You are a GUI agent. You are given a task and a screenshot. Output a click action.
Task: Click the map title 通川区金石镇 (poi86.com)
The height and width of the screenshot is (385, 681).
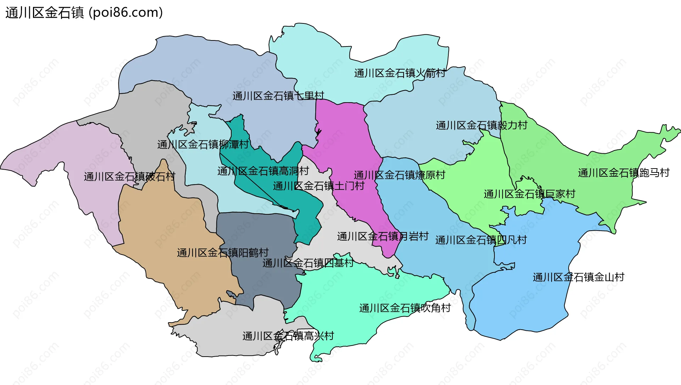[84, 13]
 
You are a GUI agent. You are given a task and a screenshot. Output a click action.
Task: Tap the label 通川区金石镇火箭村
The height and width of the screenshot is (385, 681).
[400, 73]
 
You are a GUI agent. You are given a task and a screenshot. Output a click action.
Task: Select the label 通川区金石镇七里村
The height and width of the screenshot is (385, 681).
[278, 96]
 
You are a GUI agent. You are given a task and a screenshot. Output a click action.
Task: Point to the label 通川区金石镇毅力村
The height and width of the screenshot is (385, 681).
[481, 125]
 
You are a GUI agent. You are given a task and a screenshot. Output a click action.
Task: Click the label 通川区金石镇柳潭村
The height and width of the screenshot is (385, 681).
[203, 144]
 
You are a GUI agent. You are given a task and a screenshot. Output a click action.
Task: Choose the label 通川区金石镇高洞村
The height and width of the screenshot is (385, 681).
[263, 171]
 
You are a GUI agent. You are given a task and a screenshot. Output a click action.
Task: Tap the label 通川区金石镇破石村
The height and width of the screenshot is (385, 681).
[129, 176]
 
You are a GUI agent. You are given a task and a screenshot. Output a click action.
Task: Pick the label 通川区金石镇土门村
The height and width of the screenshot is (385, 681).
[319, 186]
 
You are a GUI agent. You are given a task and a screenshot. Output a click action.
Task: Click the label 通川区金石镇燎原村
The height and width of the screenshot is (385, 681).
[399, 175]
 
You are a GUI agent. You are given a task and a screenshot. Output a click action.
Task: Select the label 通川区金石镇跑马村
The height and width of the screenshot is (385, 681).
[624, 173]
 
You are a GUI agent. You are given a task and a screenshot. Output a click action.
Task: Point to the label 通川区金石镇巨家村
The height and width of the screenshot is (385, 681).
[529, 194]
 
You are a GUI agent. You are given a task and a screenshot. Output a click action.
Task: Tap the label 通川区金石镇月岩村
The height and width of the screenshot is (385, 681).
[383, 236]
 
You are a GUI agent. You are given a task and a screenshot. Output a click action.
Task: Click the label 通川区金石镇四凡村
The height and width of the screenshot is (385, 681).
[481, 240]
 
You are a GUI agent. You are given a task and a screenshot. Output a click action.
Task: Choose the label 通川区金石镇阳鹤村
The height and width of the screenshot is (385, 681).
[223, 253]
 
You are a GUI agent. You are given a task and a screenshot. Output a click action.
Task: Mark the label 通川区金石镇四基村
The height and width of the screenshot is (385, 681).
[308, 263]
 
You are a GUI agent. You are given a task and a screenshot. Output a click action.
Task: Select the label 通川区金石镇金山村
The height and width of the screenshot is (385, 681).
[578, 277]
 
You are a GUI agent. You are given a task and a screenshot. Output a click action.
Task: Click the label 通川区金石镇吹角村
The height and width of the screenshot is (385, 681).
[405, 308]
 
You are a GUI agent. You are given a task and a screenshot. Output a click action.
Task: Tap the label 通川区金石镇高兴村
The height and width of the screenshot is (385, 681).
[288, 336]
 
